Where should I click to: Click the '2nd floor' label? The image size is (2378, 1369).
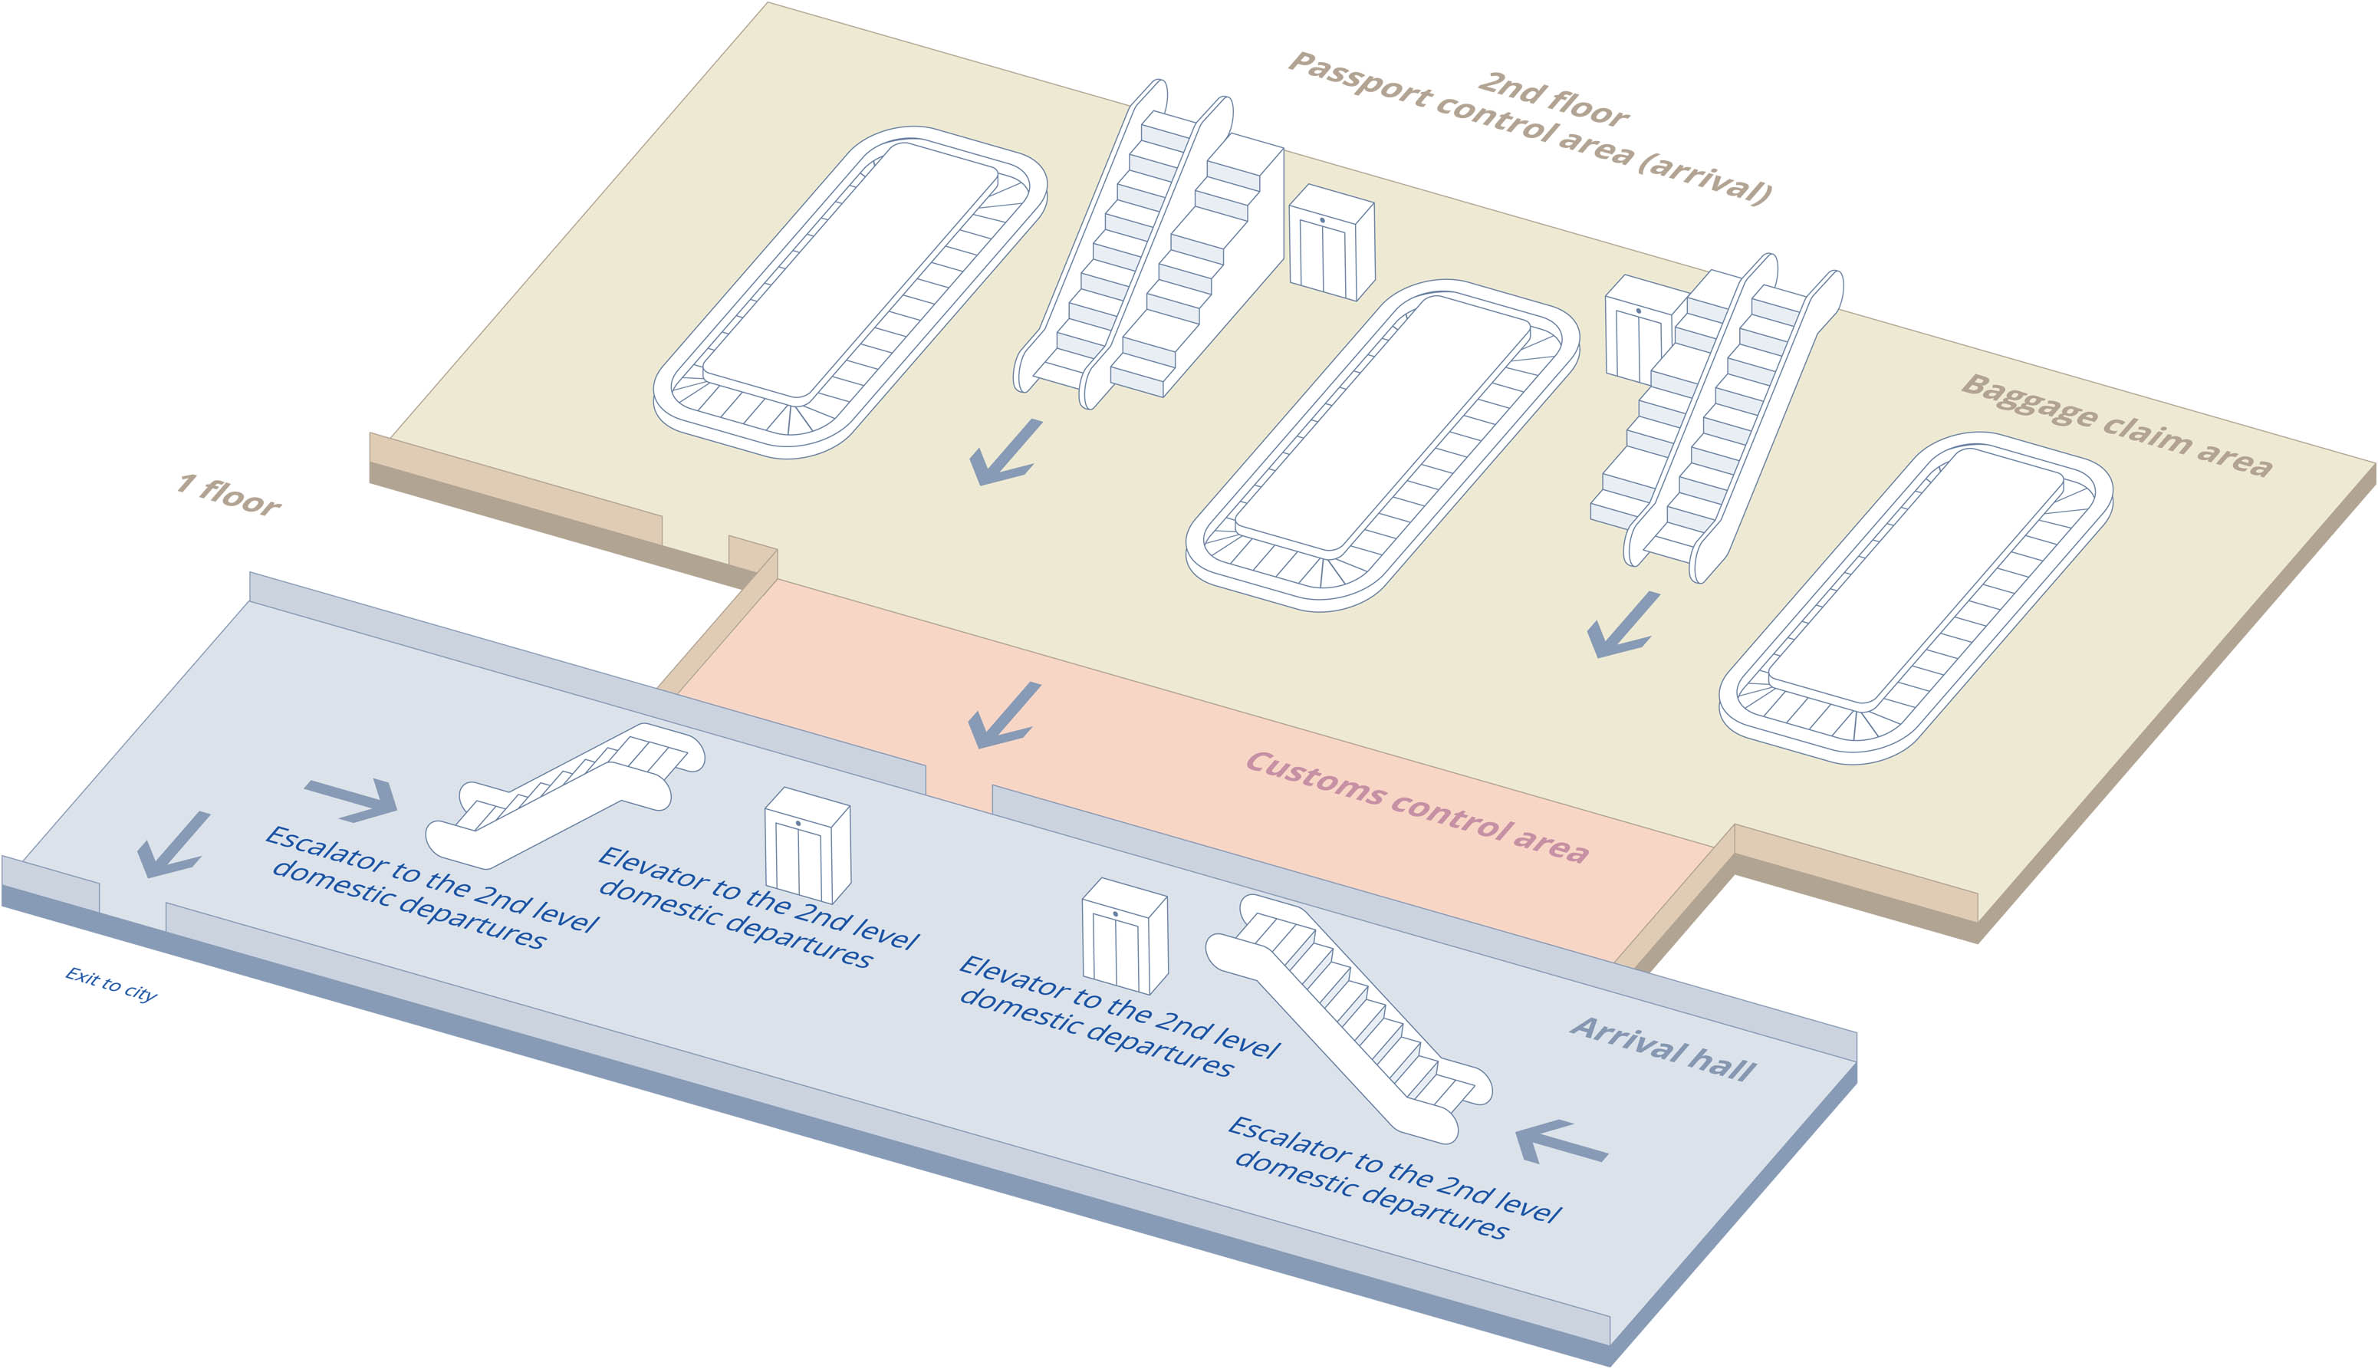point(1552,100)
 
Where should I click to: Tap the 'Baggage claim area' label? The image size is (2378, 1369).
point(2116,426)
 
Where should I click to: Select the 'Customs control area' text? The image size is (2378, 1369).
point(1416,807)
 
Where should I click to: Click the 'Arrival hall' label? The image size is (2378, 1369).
point(1662,1048)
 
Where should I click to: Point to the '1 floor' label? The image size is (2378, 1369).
point(229,495)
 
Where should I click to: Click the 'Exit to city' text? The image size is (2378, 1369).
point(111,985)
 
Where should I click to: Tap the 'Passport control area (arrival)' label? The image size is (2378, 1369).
point(1528,128)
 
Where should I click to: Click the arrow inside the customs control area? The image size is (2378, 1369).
point(1003,716)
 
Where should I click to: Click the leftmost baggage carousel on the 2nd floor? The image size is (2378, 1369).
point(850,291)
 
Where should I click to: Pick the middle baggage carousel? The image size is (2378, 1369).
point(1382,445)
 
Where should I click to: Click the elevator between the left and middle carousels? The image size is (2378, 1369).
point(1331,242)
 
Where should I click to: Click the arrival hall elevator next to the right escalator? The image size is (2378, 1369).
point(1124,936)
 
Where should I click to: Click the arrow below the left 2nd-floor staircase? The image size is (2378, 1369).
point(1005,453)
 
